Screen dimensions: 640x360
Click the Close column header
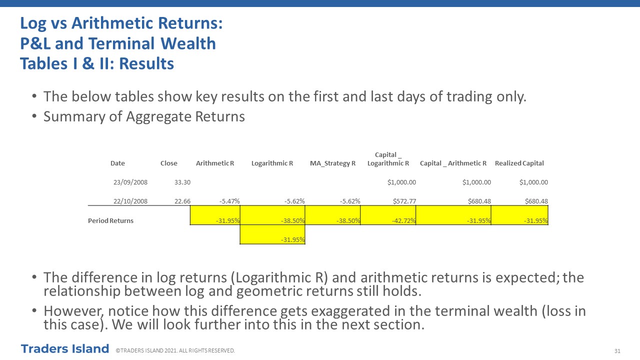click(x=169, y=163)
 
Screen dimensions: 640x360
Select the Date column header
click(x=117, y=163)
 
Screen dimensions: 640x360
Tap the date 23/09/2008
click(x=130, y=182)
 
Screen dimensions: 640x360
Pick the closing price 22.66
click(x=182, y=201)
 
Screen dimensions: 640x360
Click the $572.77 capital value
click(x=404, y=201)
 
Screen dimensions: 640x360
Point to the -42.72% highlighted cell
click(x=388, y=215)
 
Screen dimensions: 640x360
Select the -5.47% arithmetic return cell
click(x=229, y=201)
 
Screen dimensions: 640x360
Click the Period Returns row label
click(x=110, y=220)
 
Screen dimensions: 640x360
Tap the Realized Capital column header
click(x=519, y=163)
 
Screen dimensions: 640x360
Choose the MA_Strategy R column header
click(x=332, y=163)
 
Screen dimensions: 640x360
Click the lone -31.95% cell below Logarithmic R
click(x=272, y=234)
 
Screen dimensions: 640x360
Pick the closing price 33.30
click(x=182, y=182)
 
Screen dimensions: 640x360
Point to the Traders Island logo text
click(x=65, y=349)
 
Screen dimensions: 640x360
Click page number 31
click(x=617, y=351)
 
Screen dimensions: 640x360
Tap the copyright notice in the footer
click(x=175, y=350)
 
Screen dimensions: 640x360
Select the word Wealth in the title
click(x=188, y=43)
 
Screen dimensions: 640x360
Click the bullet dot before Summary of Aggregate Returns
click(x=34, y=116)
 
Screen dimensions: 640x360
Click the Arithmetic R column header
click(x=215, y=163)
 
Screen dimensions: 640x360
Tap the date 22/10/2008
click(x=130, y=201)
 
